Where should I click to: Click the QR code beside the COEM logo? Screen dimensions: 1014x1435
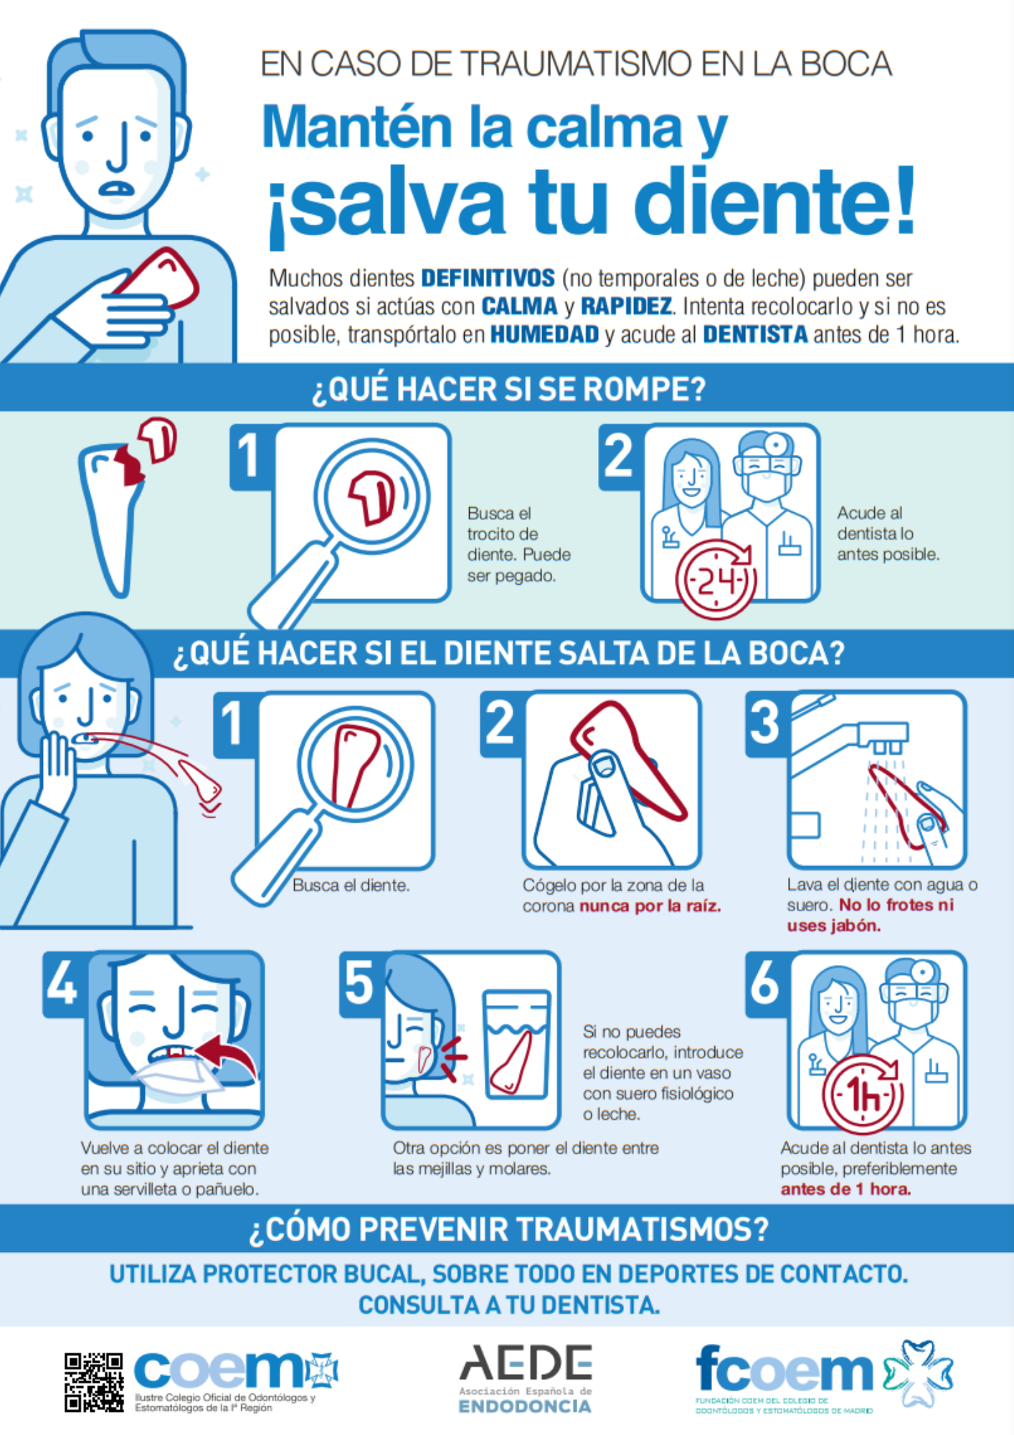[x=93, y=1383]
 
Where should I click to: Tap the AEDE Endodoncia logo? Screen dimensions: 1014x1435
[x=526, y=1378]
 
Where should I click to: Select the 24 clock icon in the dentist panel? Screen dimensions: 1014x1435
[x=715, y=579]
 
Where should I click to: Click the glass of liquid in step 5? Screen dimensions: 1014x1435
[x=516, y=1045]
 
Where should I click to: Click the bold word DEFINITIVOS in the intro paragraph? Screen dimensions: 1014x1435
[x=488, y=278]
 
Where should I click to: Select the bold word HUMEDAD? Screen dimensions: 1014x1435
[x=544, y=334]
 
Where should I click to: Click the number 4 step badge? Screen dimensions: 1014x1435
[x=63, y=984]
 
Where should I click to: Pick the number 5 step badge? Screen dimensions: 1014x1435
[x=359, y=984]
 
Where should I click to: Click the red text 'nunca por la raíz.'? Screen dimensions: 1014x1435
[x=650, y=905]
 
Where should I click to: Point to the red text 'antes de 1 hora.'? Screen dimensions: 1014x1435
[x=845, y=1189]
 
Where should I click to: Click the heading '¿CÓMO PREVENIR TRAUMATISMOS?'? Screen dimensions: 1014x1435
[x=508, y=1229]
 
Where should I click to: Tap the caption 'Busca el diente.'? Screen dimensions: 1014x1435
[x=351, y=885]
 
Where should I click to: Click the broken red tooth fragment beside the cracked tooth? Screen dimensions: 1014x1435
[x=156, y=439]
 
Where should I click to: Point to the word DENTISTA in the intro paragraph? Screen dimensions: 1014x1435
[x=755, y=334]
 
